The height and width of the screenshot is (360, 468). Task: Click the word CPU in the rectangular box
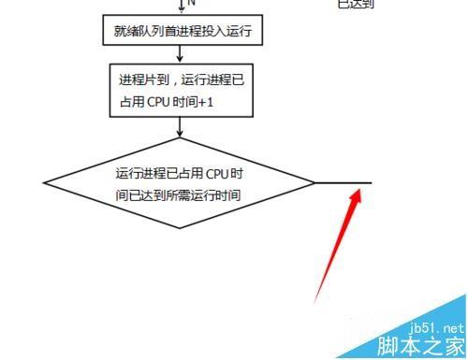coord(154,100)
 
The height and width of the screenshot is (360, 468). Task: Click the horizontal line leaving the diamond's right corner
coord(342,182)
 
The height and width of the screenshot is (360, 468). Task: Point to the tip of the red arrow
coord(359,190)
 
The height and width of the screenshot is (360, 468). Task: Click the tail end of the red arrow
coord(315,300)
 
